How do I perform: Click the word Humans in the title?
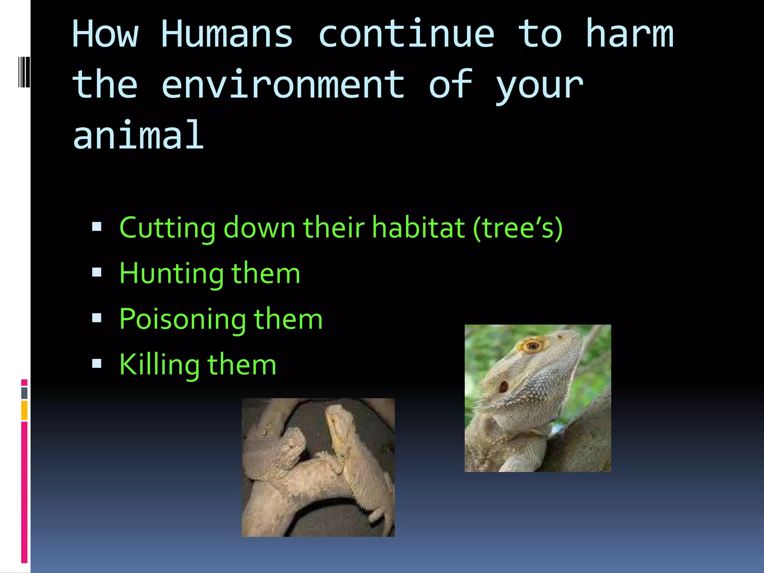(x=227, y=34)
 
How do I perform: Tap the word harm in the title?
(x=629, y=34)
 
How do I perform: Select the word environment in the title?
(x=283, y=85)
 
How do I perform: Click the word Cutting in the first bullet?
(x=167, y=228)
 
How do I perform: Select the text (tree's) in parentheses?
(x=517, y=228)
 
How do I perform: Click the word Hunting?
(x=171, y=274)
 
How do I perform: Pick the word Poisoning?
(x=182, y=320)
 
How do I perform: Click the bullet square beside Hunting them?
(x=97, y=272)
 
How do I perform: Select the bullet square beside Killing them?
(x=97, y=363)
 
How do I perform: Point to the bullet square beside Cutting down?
(x=97, y=226)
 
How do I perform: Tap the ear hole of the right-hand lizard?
(x=503, y=386)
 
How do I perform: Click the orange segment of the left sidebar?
(x=24, y=410)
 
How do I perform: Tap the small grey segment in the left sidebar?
(x=24, y=393)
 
